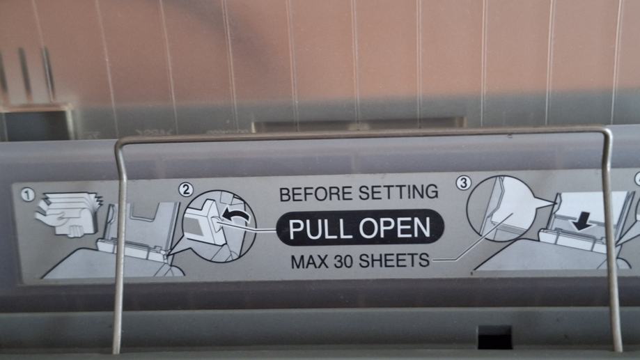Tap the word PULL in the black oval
pos(317,228)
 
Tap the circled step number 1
pos(28,195)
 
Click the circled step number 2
pos(186,189)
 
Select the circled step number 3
pos(463,182)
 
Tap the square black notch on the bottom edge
pos(494,337)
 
